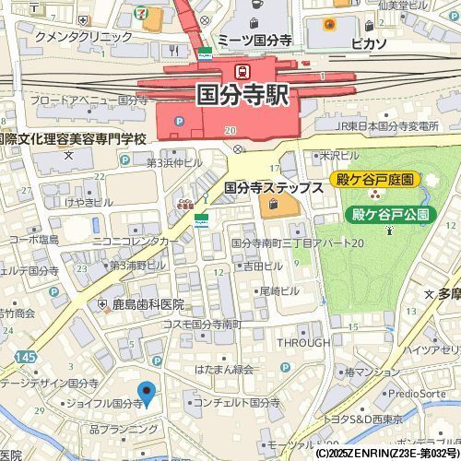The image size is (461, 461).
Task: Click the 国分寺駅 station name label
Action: (x=242, y=95)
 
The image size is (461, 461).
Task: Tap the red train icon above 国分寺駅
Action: (x=242, y=70)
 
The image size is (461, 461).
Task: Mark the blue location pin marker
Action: (x=146, y=392)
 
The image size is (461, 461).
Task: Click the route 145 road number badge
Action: (x=25, y=357)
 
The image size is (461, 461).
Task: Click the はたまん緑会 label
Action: (x=222, y=369)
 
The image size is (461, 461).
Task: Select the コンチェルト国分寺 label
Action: (x=237, y=403)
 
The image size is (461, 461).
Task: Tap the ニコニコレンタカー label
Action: (x=136, y=241)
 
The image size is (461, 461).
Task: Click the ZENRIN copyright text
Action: (x=386, y=454)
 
